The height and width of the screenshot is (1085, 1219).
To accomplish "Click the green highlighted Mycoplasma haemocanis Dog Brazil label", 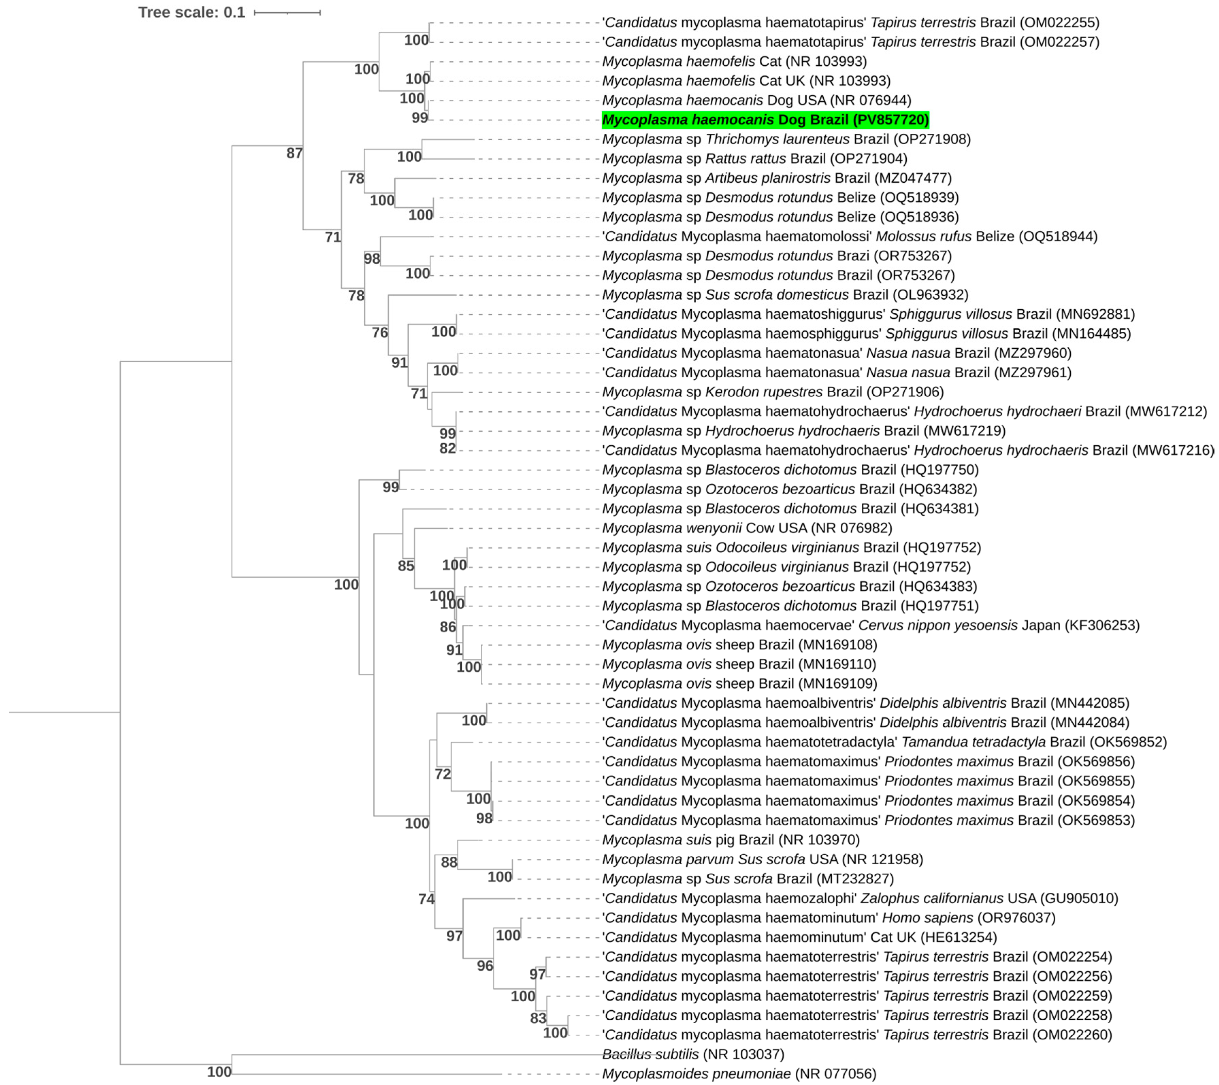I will (x=765, y=120).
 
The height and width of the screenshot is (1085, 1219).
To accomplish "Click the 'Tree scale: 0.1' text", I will (x=192, y=13).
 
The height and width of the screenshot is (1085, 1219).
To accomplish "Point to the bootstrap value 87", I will (x=294, y=153).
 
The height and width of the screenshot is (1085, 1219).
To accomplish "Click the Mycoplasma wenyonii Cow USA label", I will (x=747, y=528).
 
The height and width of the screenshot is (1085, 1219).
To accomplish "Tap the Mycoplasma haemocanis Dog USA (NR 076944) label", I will (x=756, y=100).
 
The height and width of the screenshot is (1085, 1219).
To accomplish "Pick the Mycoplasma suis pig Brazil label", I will (x=730, y=840).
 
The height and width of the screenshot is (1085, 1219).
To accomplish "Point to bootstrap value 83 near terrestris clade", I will (x=538, y=1018).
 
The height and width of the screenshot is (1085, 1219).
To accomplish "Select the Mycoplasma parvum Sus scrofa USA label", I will (x=762, y=859).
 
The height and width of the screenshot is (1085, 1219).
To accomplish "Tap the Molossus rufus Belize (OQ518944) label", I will (x=849, y=236).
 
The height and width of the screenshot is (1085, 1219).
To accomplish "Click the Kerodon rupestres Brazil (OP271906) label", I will (x=772, y=392).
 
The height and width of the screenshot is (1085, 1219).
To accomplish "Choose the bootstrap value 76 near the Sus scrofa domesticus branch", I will (x=379, y=332).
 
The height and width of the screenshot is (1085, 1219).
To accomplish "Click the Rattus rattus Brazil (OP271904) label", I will (x=754, y=159).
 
